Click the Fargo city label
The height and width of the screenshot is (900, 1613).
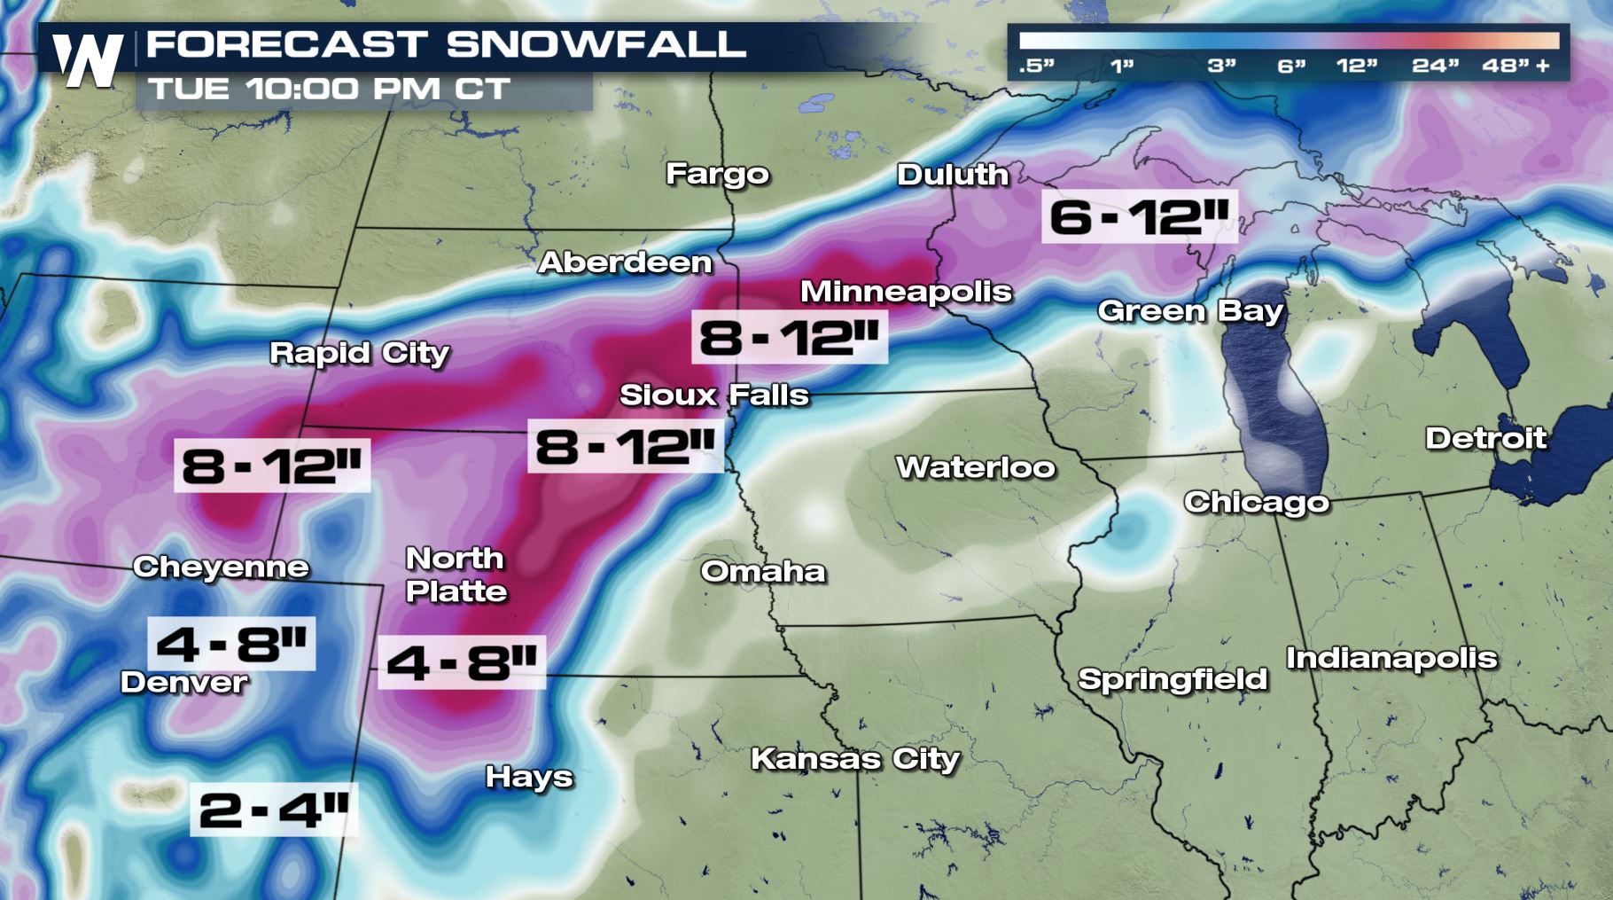[717, 174]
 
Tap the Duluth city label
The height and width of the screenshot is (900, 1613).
[953, 175]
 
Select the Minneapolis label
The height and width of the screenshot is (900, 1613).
[906, 292]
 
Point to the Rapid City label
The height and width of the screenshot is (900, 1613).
[359, 353]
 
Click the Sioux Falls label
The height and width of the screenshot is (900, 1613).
[713, 395]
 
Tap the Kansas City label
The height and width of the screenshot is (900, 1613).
[855, 759]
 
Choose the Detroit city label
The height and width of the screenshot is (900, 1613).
[1485, 438]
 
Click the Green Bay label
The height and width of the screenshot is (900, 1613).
[1190, 311]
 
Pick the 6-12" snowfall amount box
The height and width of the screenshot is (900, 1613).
[1139, 216]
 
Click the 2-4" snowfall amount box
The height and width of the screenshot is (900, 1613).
[274, 810]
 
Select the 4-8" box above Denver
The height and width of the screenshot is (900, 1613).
[231, 643]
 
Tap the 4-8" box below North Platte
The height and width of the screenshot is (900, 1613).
[462, 662]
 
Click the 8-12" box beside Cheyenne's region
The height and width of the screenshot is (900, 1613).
[272, 465]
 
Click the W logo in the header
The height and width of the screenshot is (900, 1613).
[88, 60]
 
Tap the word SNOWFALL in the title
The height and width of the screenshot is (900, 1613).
[596, 44]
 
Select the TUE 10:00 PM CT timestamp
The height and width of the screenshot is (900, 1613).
[330, 89]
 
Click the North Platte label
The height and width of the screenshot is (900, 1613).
[456, 575]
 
